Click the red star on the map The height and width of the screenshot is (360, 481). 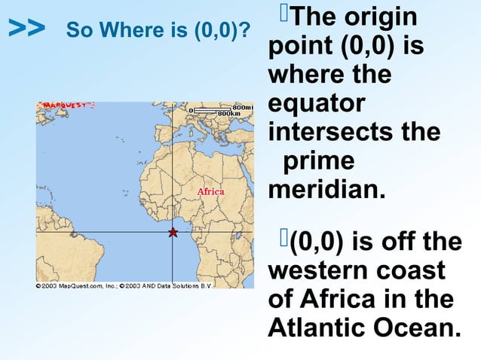173,233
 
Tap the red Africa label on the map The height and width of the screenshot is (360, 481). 211,191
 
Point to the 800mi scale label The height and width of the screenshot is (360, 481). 243,107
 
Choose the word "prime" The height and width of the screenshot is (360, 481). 317,160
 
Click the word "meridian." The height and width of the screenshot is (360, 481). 326,188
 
